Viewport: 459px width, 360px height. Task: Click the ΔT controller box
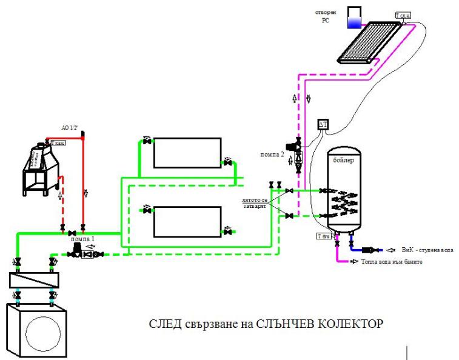(x=323, y=124)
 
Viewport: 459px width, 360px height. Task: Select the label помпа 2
(x=273, y=153)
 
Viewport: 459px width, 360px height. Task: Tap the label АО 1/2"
(x=71, y=128)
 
